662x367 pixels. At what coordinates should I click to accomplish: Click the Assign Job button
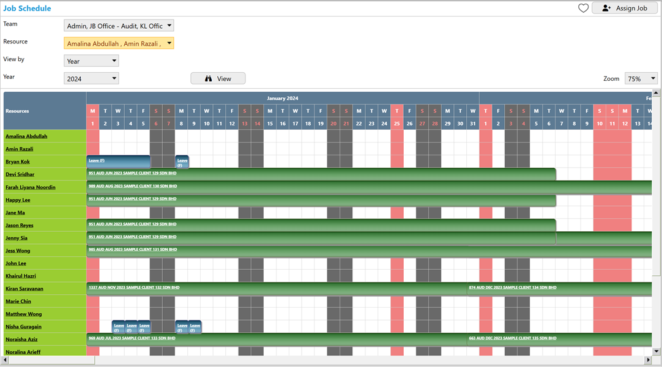coord(624,8)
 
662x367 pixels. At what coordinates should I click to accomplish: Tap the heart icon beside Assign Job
coord(583,8)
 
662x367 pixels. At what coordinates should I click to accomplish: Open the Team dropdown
coord(119,26)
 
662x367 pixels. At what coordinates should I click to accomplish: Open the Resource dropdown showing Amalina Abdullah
coord(119,43)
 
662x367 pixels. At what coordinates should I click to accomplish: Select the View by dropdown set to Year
coord(91,61)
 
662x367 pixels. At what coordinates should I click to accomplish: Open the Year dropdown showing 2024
coord(91,79)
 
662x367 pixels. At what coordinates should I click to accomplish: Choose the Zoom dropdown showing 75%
coord(641,79)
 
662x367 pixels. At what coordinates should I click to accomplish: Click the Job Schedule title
coord(27,9)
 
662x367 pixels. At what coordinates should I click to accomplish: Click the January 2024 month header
coord(282,98)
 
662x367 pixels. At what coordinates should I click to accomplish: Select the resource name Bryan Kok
coord(18,161)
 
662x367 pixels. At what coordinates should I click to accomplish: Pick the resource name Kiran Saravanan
coord(24,289)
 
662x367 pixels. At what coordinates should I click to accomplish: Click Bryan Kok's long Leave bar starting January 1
coord(118,161)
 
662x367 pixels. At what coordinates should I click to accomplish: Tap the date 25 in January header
coord(396,124)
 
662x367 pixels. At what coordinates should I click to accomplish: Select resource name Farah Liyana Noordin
coord(31,187)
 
